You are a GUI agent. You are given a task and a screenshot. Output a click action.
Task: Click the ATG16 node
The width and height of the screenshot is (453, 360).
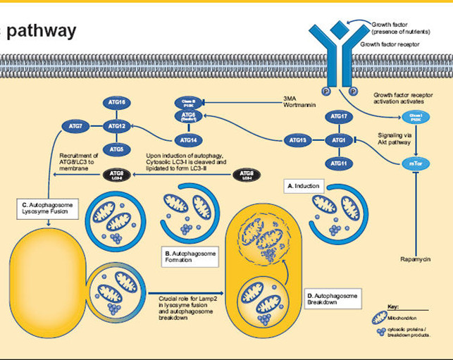click(118, 103)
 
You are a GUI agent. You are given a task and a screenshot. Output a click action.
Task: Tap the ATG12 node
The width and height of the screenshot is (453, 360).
click(118, 126)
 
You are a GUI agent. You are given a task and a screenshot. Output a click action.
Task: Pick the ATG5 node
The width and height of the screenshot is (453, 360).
click(118, 149)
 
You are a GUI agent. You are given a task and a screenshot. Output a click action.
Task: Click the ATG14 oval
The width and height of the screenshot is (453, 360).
click(188, 139)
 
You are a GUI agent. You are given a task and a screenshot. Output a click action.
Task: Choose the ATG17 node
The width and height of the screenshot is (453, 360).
click(338, 116)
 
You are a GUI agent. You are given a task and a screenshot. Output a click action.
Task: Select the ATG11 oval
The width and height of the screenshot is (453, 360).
click(338, 164)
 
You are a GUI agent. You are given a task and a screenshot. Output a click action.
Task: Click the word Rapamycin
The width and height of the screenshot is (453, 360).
click(414, 260)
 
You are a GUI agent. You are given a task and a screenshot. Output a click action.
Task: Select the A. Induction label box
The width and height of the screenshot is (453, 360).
click(303, 186)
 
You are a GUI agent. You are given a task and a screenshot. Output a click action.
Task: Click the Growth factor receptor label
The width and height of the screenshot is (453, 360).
click(390, 44)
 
